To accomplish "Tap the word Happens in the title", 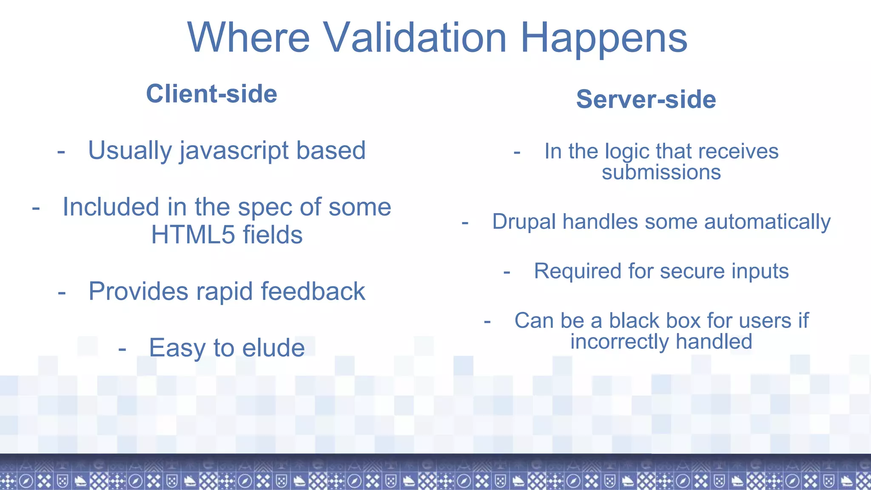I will coord(603,39).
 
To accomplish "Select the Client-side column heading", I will coord(211,94).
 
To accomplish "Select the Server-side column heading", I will coord(646,99).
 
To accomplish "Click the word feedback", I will coord(313,291).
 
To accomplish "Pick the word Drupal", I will coord(524,222).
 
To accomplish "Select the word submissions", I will coord(661,172).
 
